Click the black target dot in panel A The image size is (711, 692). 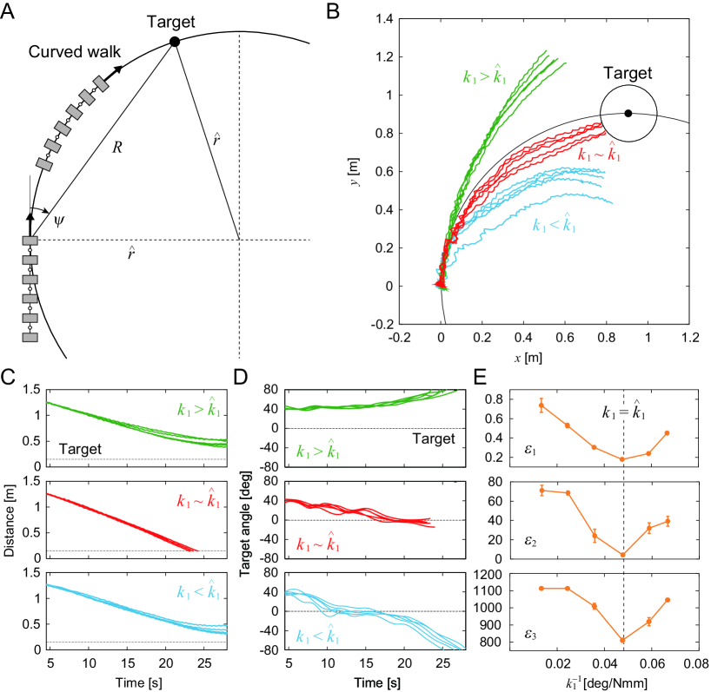point(175,41)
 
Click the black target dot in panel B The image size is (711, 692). point(628,113)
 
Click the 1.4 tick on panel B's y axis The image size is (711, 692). point(380,19)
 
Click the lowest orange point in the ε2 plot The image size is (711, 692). point(622,554)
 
